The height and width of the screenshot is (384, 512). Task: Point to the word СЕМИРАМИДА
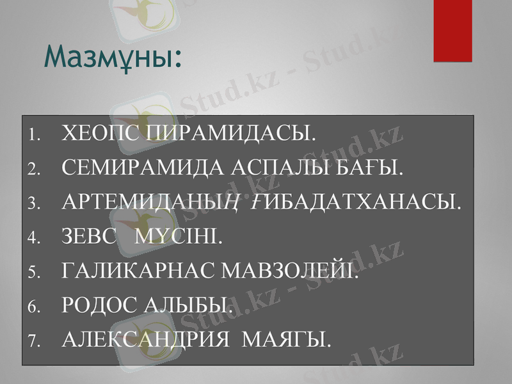(138, 168)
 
